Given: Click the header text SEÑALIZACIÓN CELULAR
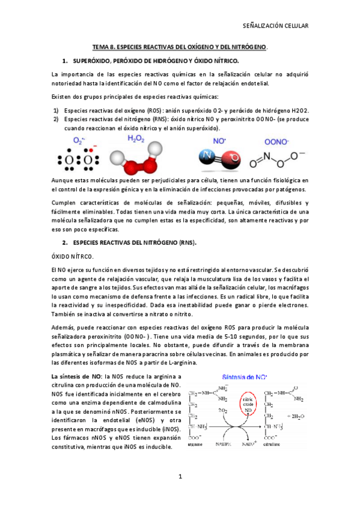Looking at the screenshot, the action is point(275,26).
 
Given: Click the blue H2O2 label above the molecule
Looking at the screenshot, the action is point(136,139).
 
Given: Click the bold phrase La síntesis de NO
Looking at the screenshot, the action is point(76,376).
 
